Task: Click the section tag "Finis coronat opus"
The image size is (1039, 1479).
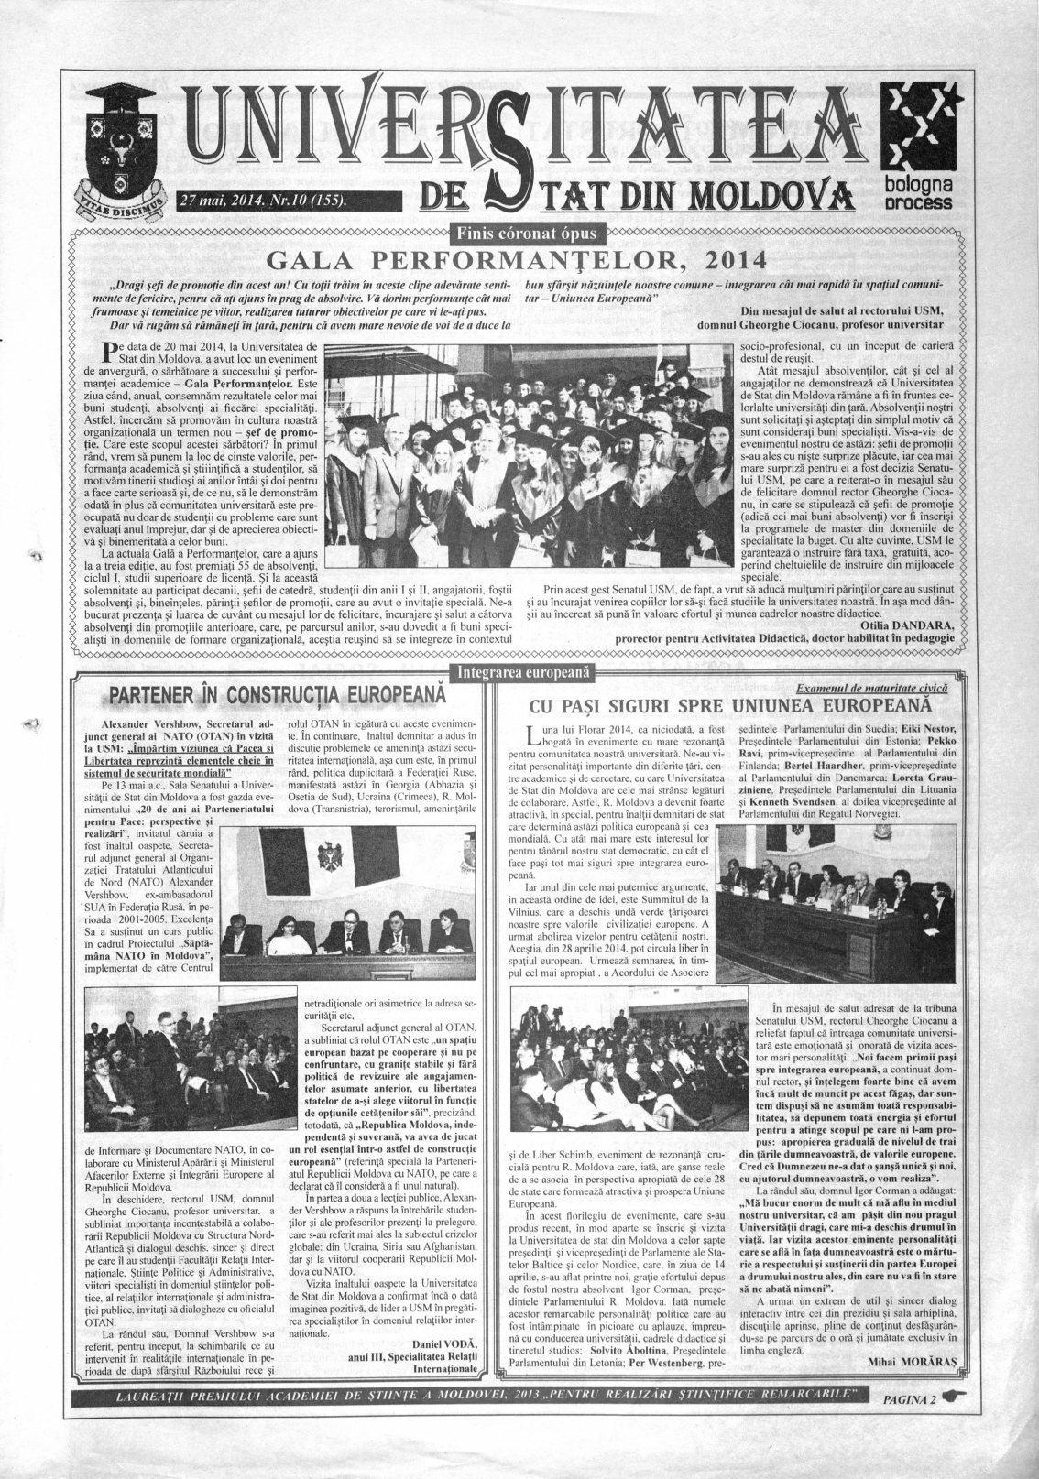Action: tap(519, 229)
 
